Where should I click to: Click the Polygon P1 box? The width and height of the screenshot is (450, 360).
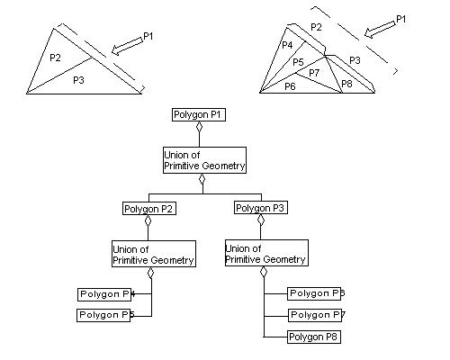coord(199,115)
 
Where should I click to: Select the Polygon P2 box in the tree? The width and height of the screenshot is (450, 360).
coord(148,209)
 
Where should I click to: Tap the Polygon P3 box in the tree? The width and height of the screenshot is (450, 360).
coord(261,208)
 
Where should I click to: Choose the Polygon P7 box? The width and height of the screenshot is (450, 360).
coord(316,315)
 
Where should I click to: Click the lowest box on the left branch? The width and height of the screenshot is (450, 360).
coord(106,315)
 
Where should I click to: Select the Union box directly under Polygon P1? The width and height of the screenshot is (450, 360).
coord(203,160)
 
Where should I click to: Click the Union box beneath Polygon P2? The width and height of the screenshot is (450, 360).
coord(153,254)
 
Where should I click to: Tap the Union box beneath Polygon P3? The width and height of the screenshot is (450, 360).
coord(265,253)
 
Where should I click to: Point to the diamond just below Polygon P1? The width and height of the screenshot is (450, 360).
coord(199,128)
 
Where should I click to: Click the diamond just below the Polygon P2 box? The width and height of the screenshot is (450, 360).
coord(148,221)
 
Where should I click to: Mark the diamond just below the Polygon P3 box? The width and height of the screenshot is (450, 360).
coord(261,220)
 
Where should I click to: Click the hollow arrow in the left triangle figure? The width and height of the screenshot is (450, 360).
coord(123,43)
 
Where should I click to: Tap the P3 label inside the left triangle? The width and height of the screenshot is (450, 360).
coord(78,79)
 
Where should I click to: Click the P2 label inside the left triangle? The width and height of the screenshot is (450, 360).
coord(55,58)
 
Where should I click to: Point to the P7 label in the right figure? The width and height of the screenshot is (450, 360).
coord(314,72)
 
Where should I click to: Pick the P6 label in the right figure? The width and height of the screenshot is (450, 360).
coord(290,86)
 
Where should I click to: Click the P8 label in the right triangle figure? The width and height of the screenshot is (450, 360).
coord(347,85)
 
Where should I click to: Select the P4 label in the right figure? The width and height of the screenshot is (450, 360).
coord(287,44)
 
